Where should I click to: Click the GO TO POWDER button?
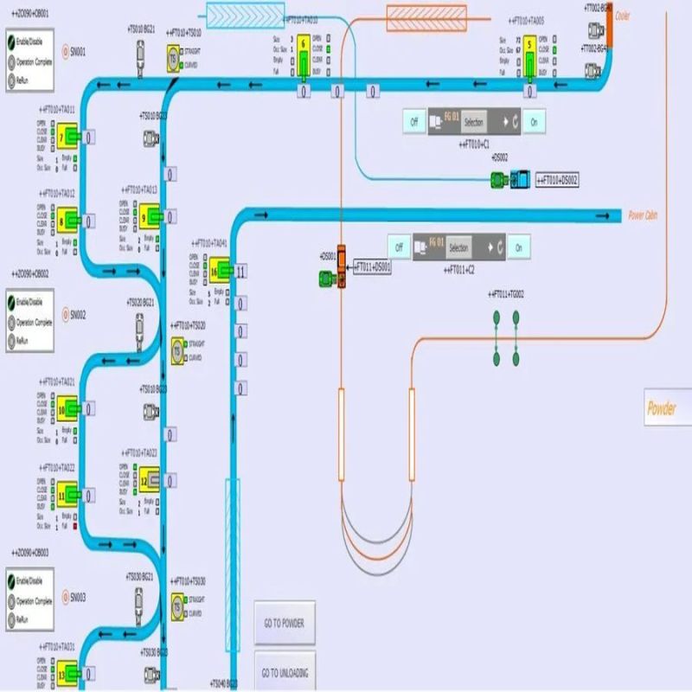pyautogui.click(x=285, y=623)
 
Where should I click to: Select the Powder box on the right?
pyautogui.click(x=662, y=408)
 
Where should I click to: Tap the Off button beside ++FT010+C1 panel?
pyautogui.click(x=413, y=122)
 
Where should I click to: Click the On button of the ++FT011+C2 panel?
pyautogui.click(x=519, y=247)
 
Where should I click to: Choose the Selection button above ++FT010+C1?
pyautogui.click(x=474, y=122)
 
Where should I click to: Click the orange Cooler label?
pyautogui.click(x=623, y=16)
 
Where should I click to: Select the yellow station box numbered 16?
pyautogui.click(x=215, y=272)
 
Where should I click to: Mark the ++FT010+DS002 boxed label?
pyautogui.click(x=558, y=180)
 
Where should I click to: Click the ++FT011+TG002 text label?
pyautogui.click(x=506, y=294)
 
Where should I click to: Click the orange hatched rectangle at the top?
pyautogui.click(x=426, y=16)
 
